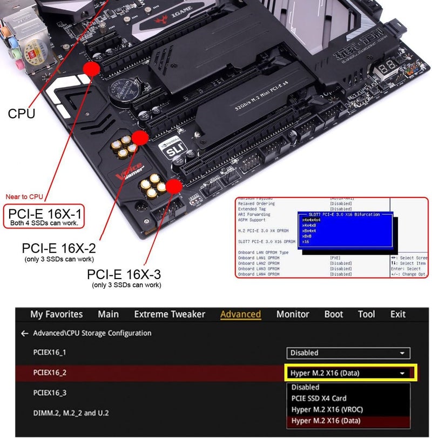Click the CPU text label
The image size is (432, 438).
[x=22, y=114]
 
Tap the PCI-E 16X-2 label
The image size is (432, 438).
[x=59, y=248]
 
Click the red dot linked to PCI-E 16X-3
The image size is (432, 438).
[x=174, y=187]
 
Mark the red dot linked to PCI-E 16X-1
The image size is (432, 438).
[x=91, y=68]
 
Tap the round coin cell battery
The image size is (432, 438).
[x=125, y=89]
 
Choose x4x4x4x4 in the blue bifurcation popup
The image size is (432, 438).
[x=312, y=220]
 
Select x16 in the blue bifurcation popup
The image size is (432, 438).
[x=306, y=242]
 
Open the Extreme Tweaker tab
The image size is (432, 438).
[x=170, y=314]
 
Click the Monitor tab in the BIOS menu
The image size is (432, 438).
[x=293, y=314]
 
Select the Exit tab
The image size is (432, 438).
[x=397, y=314]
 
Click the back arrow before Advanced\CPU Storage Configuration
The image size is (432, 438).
[x=24, y=334]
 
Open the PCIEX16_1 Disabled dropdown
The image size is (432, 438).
[x=348, y=353]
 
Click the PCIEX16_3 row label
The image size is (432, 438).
[x=50, y=393]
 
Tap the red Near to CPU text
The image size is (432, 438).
[x=24, y=197]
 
